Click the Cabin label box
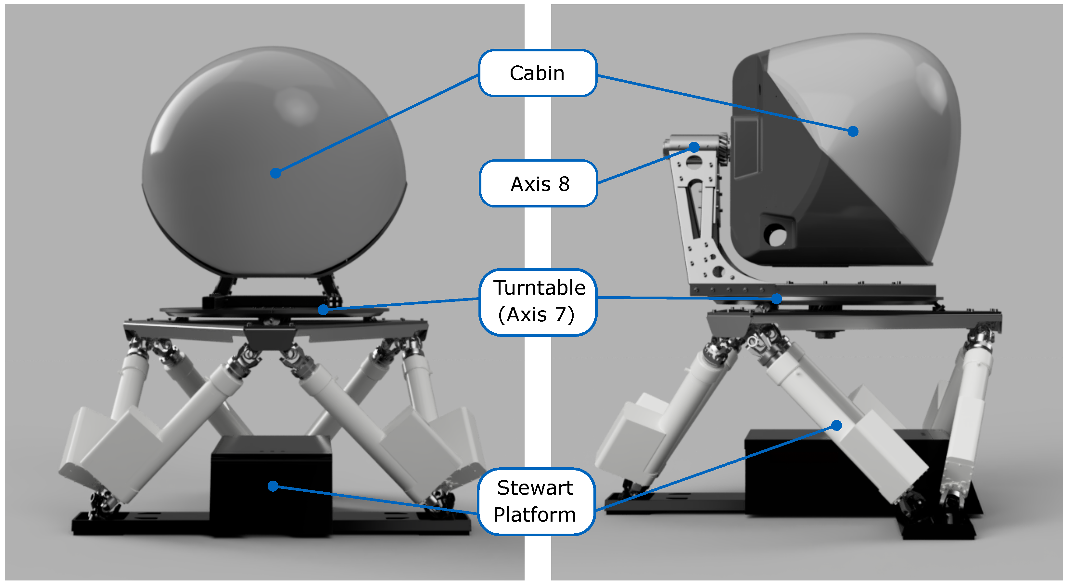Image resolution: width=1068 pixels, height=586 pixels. tap(537, 73)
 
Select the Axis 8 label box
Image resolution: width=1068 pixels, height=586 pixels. tap(538, 183)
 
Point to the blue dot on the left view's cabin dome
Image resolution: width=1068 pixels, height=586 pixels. tap(275, 173)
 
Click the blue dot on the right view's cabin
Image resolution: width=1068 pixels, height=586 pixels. tap(853, 132)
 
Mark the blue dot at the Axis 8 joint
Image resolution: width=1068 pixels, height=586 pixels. tap(694, 147)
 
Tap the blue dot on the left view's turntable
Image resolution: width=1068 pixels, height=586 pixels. tap(323, 310)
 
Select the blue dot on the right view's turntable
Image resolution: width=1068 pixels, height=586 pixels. tap(776, 299)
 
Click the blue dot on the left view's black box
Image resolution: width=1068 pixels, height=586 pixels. tap(273, 486)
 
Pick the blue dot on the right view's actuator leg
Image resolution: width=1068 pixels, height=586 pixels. tap(837, 425)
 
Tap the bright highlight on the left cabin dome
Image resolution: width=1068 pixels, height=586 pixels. tap(297, 106)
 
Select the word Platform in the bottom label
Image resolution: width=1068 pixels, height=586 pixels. tap(535, 514)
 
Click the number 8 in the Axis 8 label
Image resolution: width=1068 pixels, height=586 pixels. tap(564, 184)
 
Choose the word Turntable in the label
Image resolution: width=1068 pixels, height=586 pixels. tap(539, 287)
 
